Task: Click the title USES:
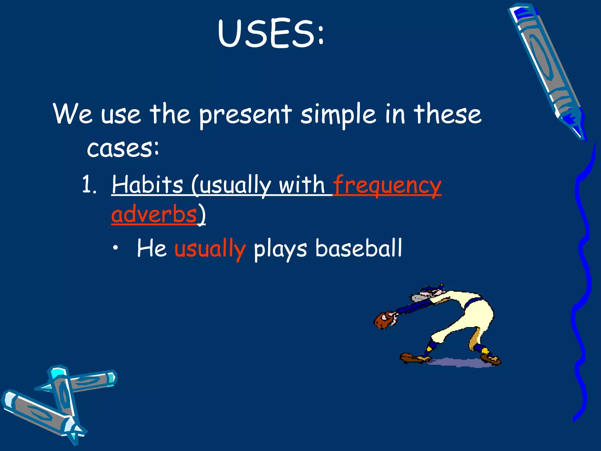271,33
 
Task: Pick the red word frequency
387,185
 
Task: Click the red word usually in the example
210,249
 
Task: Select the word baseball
359,248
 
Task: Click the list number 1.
89,185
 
